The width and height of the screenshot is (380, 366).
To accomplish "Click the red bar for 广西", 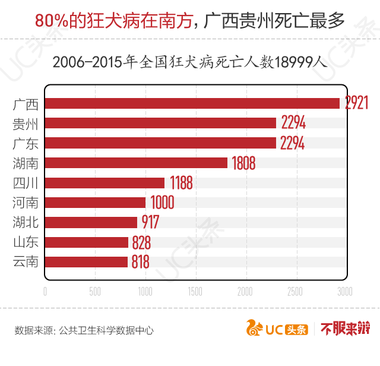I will [192, 103].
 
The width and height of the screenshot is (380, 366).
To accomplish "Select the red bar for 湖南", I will [136, 163].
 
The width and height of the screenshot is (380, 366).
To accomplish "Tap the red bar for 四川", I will [104, 182].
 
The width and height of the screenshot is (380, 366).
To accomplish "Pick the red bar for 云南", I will [86, 262].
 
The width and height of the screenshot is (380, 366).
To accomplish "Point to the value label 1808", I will [243, 163].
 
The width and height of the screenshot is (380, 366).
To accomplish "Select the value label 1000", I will [161, 203].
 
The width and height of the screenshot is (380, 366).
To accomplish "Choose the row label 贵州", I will [26, 124].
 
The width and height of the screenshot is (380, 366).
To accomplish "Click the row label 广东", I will [26, 143].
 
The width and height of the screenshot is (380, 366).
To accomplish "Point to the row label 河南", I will [26, 203].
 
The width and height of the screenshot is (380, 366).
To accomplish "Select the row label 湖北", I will [26, 222].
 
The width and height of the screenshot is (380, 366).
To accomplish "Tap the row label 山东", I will [26, 242].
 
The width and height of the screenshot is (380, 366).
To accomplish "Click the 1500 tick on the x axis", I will [195, 291].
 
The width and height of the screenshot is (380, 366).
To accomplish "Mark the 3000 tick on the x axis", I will [344, 291].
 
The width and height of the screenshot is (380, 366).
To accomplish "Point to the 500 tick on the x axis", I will [95, 291].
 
